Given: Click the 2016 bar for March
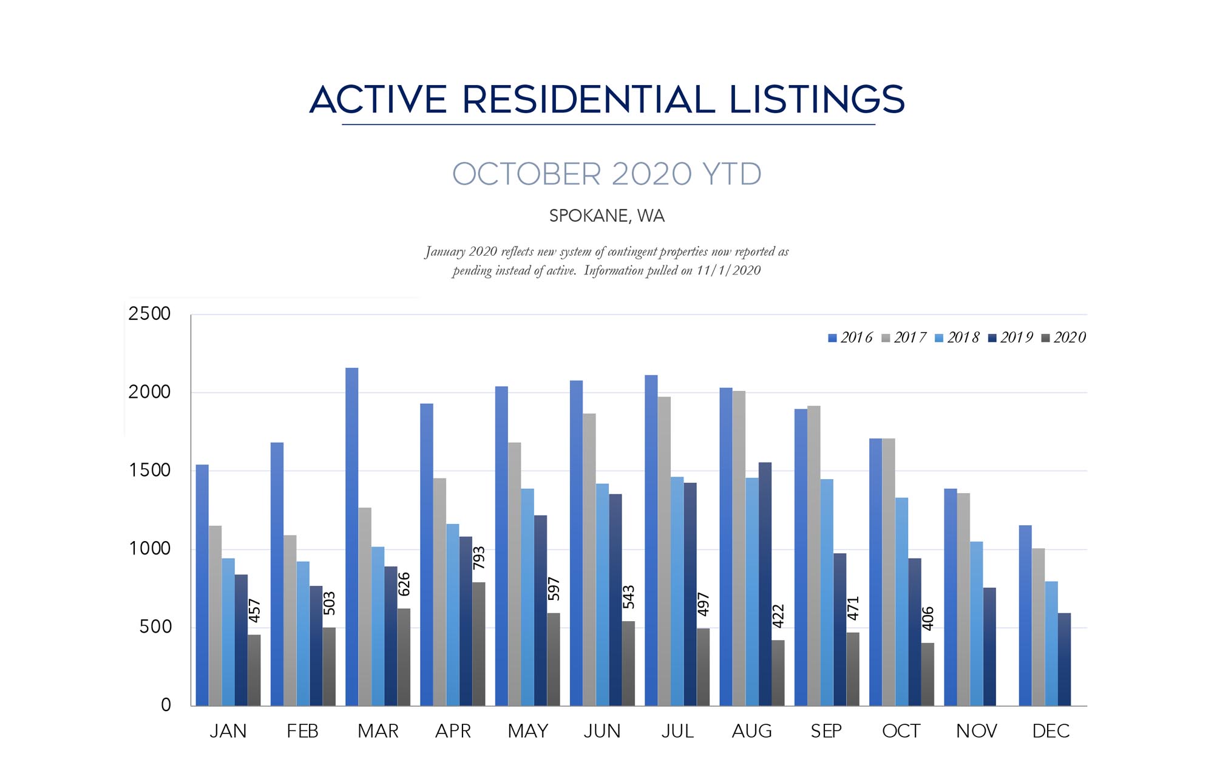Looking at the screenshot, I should coord(351,537).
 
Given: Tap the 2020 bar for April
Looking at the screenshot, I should coord(478,644).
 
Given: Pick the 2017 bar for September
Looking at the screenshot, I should coord(814,556).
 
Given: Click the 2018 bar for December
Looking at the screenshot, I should coord(1051,644).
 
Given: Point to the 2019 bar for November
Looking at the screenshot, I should coord(989,647).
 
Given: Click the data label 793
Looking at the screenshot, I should coord(479,558).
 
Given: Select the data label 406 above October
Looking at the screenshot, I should coord(927,619).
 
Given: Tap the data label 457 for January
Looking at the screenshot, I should coord(254,611).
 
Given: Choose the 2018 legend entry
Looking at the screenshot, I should coord(957,338).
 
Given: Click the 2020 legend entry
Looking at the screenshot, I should coord(1063,338).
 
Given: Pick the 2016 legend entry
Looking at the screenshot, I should coord(850,338).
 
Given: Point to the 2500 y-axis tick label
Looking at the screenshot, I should coord(149,314).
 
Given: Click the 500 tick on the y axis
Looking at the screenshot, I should coord(155,627).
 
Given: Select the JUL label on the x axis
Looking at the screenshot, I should coord(677,731).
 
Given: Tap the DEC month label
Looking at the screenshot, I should coord(1051,731).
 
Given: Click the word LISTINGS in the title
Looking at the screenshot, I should coord(817,100).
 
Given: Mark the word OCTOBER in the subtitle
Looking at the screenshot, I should coord(526,174).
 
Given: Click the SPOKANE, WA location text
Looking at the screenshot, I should coord(607,216).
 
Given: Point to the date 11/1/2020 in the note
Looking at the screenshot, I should coord(728,271).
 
